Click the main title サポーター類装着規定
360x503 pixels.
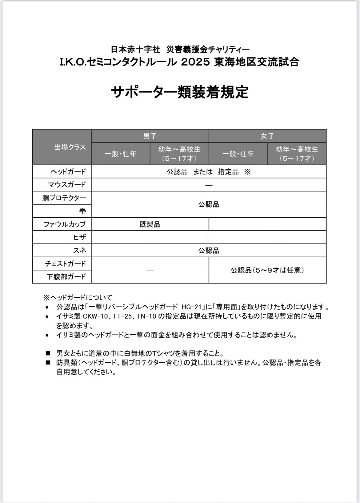[x=180, y=92]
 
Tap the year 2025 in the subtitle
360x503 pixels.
[x=196, y=62]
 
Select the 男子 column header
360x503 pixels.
[x=150, y=136]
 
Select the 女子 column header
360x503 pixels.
[x=267, y=136]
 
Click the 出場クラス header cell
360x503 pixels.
[x=70, y=147]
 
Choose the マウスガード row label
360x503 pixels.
[x=67, y=185]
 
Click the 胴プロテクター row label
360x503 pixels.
[x=64, y=198]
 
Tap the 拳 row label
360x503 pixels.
[x=82, y=211]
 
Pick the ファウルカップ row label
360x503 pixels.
[x=64, y=224]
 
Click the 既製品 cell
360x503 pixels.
[x=150, y=224]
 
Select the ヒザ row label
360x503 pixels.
[x=79, y=237]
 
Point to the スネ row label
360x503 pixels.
[x=79, y=251]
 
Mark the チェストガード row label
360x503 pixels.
[x=65, y=264]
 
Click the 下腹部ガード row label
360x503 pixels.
[x=66, y=277]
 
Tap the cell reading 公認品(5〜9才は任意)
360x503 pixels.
[x=267, y=270]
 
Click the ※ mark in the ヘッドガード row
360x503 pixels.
[x=247, y=172]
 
